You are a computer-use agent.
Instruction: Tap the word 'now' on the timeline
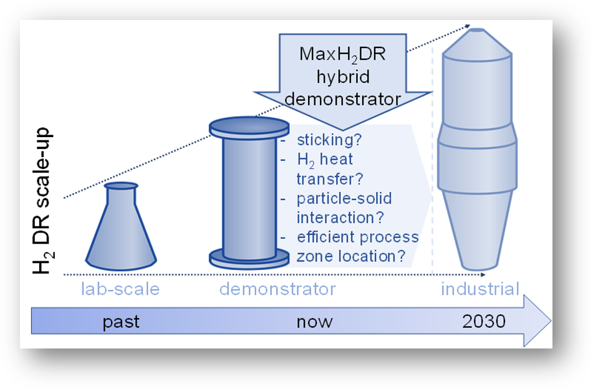pyautogui.click(x=314, y=322)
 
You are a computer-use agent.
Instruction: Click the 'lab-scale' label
pyautogui.click(x=120, y=289)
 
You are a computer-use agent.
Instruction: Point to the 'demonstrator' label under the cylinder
pyautogui.click(x=277, y=289)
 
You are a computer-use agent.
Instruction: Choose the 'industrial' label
pyautogui.click(x=480, y=289)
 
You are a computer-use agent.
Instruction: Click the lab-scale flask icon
pyautogui.click(x=121, y=231)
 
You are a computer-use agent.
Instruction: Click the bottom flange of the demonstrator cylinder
pyautogui.click(x=249, y=258)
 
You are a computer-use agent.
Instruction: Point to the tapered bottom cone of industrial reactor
pyautogui.click(x=477, y=231)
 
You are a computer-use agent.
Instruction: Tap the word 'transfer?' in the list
pyautogui.click(x=330, y=180)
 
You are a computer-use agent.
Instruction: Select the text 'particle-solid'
pyautogui.click(x=345, y=199)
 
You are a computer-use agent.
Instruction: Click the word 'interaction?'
pyautogui.click(x=340, y=218)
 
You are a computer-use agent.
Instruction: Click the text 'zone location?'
pyautogui.click(x=351, y=256)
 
